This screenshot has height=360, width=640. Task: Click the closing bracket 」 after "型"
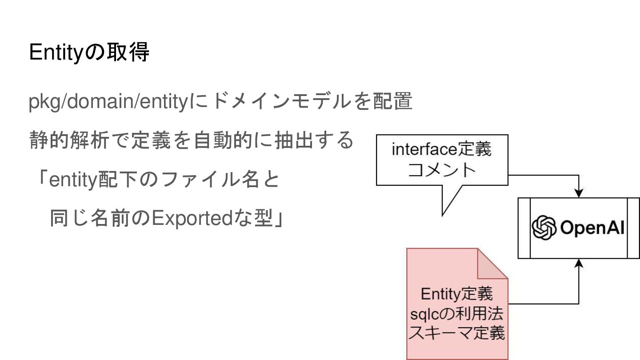[279, 219]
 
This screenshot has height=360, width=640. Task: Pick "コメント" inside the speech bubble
[442, 170]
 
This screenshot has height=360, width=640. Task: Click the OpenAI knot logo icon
[544, 228]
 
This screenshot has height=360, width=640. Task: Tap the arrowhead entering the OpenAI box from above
[579, 193]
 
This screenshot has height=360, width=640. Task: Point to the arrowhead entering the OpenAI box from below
[579, 263]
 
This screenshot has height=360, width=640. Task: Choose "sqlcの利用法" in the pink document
[456, 314]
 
